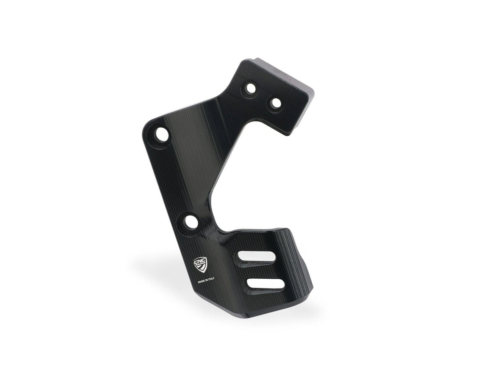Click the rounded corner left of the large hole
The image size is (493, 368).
click(145, 130)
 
